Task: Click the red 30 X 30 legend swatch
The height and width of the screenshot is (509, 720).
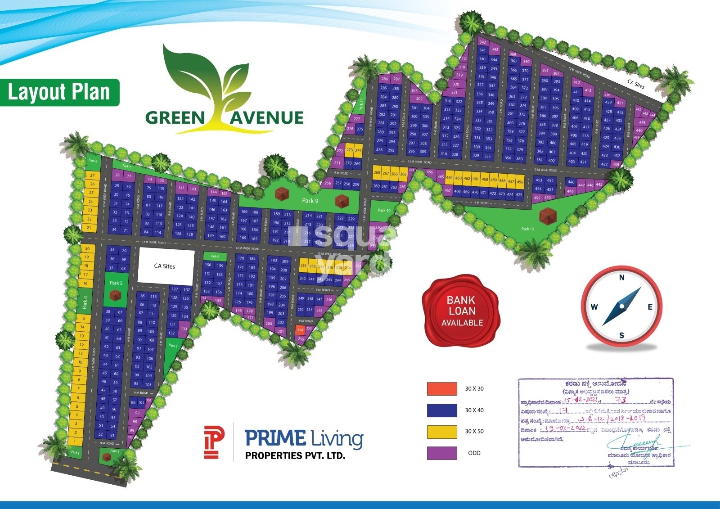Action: [442, 388]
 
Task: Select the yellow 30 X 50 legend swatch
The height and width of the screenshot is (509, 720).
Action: [442, 431]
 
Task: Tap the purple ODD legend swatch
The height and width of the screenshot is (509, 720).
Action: [442, 453]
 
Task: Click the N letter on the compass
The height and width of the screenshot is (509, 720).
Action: [622, 278]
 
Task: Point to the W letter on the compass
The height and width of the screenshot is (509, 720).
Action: [594, 307]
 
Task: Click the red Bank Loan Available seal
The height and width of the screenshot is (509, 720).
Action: [462, 311]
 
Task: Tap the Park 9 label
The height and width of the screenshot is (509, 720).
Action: [310, 200]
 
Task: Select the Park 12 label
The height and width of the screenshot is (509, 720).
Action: [528, 229]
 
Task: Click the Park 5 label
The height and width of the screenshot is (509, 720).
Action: [116, 283]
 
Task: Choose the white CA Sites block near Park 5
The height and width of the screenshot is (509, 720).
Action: [166, 266]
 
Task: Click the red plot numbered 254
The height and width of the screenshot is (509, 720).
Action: [300, 330]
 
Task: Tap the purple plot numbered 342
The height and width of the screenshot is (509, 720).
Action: [482, 42]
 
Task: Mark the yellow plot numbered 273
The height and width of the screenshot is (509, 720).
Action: [350, 150]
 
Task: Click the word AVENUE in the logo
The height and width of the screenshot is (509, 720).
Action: [267, 118]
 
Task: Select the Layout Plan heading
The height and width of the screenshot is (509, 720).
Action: [59, 92]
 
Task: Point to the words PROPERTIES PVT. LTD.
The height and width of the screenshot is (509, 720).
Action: [295, 455]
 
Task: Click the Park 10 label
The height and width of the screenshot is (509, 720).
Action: [384, 210]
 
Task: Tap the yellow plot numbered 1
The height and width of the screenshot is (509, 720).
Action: [76, 440]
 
